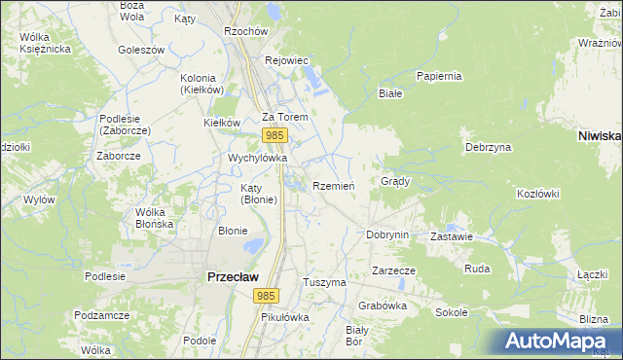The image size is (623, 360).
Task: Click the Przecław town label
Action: coord(232,276)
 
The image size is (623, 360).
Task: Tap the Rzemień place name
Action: coord(334,186)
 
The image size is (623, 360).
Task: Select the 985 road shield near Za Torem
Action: coord(275,135)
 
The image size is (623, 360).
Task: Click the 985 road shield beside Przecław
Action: coord(264,294)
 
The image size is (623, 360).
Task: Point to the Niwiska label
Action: coord(599,136)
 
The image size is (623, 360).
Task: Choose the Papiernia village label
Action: coord(438,76)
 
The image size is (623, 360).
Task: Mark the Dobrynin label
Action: coord(386,234)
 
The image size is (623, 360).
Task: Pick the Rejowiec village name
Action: coord(287,60)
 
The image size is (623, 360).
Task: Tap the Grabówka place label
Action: coord(382,305)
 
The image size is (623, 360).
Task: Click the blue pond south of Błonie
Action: coord(253,247)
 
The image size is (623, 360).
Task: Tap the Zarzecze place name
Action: coord(393,270)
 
